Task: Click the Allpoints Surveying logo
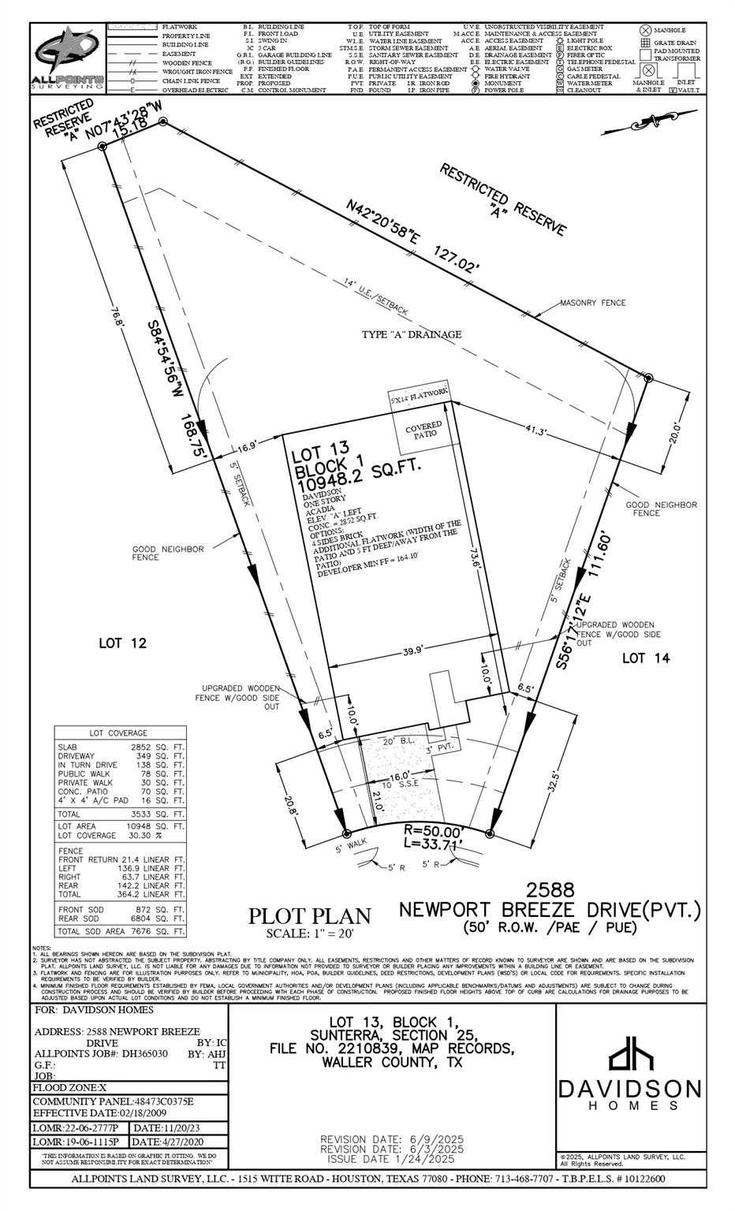67,59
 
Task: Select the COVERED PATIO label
423,430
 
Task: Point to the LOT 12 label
122,643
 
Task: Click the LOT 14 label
646,658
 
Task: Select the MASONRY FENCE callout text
592,303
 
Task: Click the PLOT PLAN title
309,916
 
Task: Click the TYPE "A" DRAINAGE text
411,334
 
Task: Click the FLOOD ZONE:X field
65,1087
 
